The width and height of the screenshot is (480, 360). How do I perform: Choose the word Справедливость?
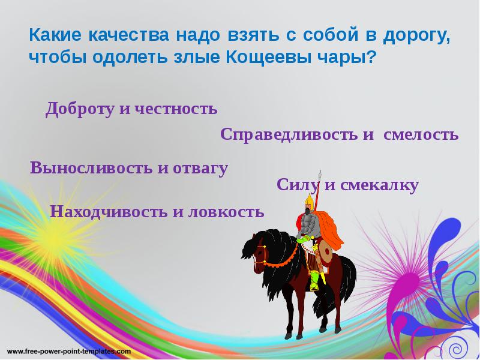coord(289,134)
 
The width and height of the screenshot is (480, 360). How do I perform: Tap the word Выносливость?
coord(91,168)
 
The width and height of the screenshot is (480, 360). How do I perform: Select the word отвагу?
coord(200,168)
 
